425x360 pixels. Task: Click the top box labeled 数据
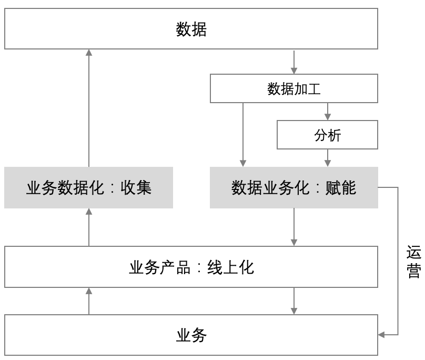coord(191,29)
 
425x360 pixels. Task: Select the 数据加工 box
coord(294,88)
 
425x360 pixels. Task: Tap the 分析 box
coord(327,135)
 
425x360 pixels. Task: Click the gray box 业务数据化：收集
coord(88,188)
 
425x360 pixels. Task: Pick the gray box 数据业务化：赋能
coord(294,188)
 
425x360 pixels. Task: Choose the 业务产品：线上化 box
coord(191,267)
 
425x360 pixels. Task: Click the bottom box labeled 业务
coord(191,335)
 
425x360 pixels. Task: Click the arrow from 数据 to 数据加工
coord(294,62)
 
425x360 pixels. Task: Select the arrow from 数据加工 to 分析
coord(328,112)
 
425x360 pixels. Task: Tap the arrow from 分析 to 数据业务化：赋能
coord(328,158)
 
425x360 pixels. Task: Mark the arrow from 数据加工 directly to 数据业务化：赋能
coord(243,135)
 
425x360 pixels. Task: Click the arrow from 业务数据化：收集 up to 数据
coord(89,108)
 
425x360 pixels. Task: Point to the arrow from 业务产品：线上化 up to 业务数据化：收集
coord(89,227)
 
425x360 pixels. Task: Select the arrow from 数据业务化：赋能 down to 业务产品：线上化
coord(294,227)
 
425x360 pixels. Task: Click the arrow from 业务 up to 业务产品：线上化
coord(89,301)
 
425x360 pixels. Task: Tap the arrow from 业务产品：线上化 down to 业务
coord(294,301)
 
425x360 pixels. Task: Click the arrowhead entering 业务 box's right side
coord(381,334)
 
